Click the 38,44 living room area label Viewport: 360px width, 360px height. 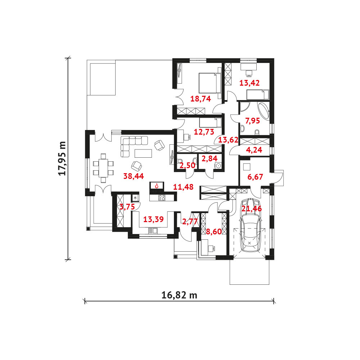coord(134,176)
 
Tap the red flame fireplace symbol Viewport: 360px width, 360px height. coord(157,186)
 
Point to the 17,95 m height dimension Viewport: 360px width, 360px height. coord(62,158)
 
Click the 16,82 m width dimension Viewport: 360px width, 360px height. coord(179,295)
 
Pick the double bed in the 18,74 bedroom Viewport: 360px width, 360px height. coord(210,83)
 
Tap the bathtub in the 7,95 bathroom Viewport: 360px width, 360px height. coord(264,111)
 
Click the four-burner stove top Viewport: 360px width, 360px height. coord(162,197)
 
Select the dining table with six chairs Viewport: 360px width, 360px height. coord(103,168)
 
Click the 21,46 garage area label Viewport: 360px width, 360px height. coord(252,209)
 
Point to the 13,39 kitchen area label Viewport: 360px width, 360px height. coord(153,219)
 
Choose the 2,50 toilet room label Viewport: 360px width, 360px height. coord(187,165)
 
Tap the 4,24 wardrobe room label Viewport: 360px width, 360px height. coord(254,150)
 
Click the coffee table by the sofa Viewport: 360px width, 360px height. coord(143,153)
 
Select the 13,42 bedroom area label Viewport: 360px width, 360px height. coord(249,83)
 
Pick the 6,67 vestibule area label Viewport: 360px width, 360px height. coord(255,177)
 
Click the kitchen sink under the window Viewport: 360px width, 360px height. coord(153,230)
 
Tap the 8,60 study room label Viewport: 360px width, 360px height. coord(214,231)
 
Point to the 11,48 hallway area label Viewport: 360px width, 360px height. coord(183,187)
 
